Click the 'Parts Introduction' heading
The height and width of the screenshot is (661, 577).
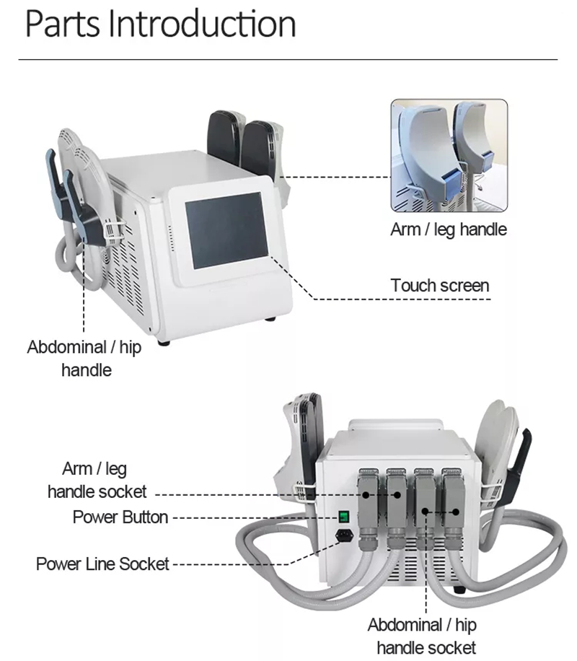(160, 24)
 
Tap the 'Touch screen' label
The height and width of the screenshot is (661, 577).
(439, 285)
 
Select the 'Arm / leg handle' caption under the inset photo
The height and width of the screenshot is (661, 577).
(449, 229)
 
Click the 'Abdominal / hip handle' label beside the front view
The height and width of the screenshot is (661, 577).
(85, 358)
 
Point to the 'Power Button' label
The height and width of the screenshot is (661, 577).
(120, 517)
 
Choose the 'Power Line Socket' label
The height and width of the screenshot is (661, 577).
(102, 563)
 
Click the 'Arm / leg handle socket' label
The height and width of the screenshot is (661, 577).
(97, 481)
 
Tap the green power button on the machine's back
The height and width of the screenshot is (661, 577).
(344, 517)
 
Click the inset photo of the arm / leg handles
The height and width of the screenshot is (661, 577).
(449, 155)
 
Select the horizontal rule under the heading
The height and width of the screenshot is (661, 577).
(288, 59)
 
